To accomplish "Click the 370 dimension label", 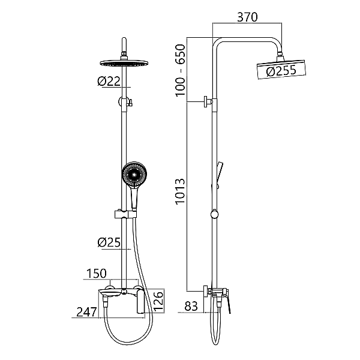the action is click(247, 17).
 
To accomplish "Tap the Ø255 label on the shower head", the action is click(281, 70).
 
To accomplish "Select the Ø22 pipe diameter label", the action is click(109, 81).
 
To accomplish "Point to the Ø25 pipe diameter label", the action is click(109, 242).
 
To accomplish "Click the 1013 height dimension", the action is click(180, 191).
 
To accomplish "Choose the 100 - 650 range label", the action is click(180, 70).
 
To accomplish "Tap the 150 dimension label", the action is click(97, 273).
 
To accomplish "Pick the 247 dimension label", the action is click(86, 312).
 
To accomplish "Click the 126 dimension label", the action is click(158, 301).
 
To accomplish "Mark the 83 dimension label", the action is click(191, 306).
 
